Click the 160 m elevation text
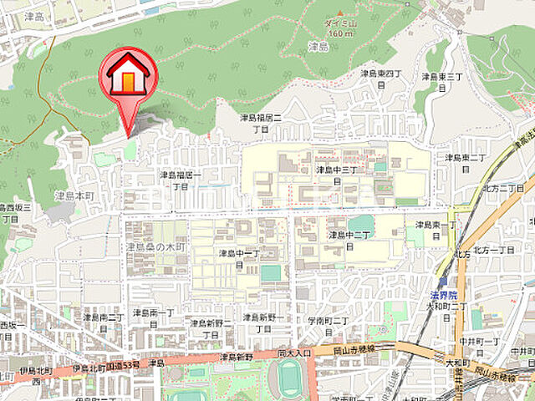point(340,34)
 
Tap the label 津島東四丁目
point(381,79)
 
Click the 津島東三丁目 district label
point(442,82)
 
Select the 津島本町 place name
point(76,195)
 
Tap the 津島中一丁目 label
point(239,258)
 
